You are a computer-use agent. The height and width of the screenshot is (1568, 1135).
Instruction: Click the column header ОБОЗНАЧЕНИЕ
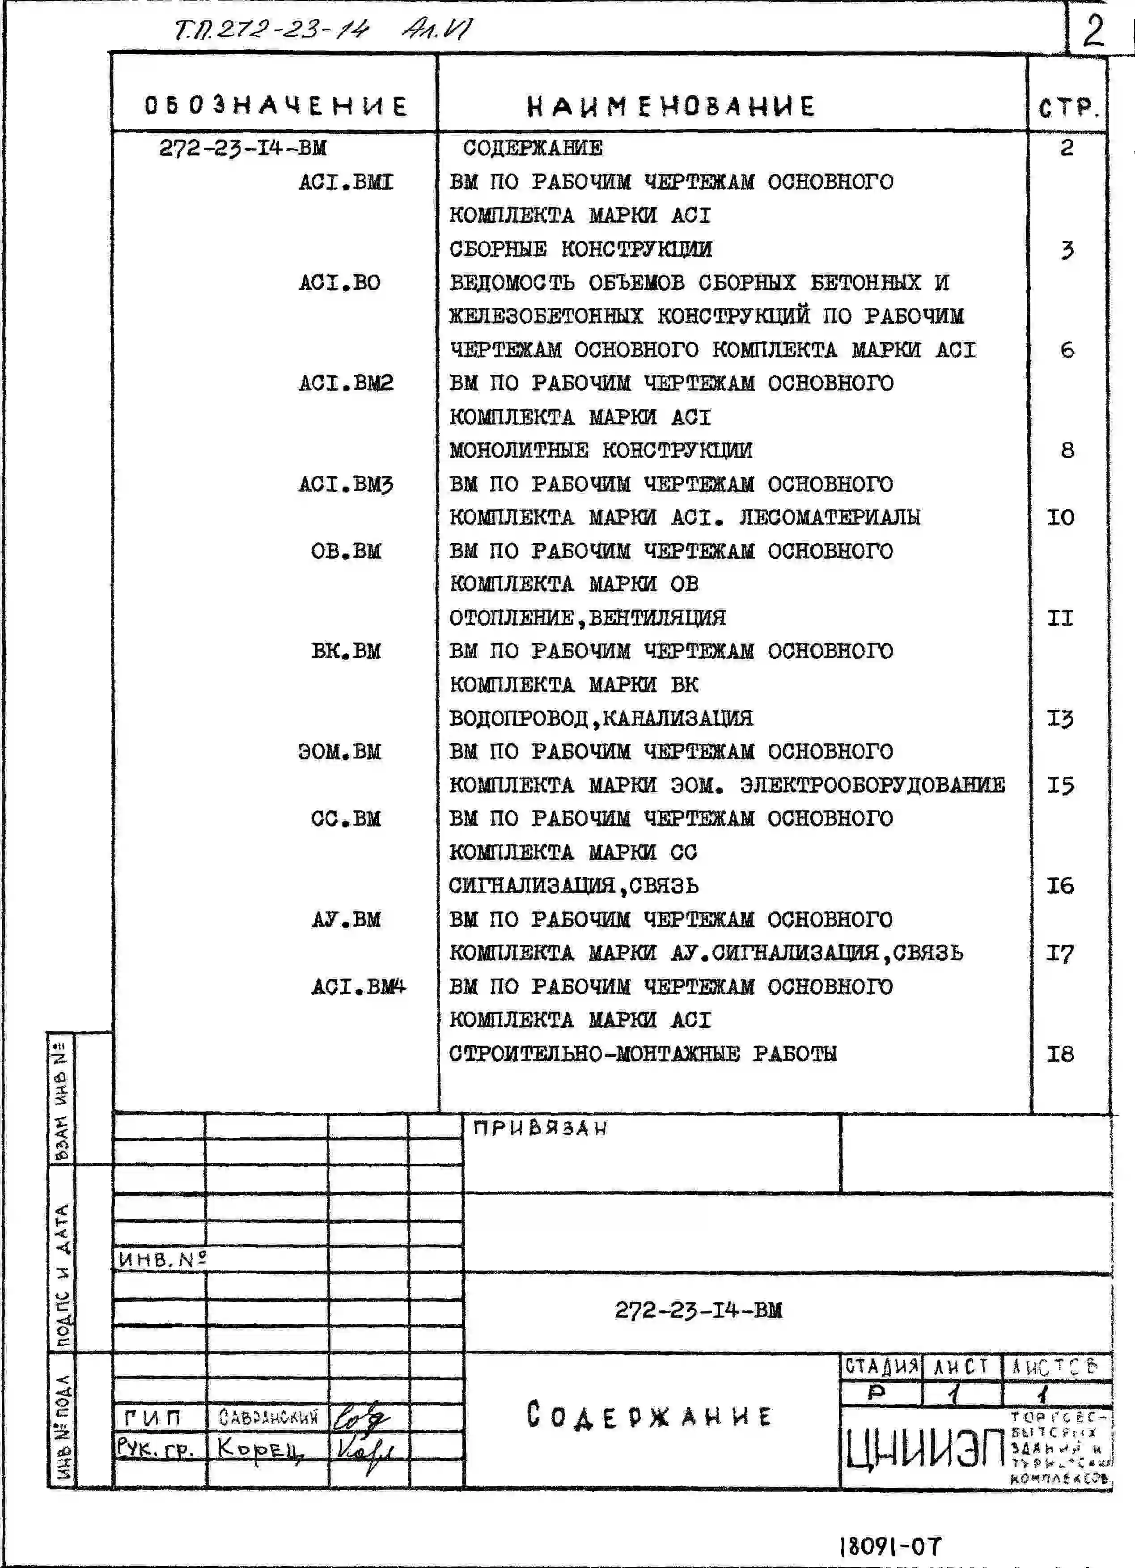coord(275,106)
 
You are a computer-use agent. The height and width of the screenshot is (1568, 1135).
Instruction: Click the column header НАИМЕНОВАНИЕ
coord(670,106)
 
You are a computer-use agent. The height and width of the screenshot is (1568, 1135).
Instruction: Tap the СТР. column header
coord(1068,108)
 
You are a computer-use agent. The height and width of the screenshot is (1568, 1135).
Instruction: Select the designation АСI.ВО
coord(339,283)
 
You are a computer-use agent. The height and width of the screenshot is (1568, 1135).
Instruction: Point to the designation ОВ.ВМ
coord(346,551)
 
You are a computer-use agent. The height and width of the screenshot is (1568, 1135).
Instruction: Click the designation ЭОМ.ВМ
coord(339,751)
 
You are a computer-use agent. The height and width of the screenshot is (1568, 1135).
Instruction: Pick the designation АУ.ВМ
coord(346,920)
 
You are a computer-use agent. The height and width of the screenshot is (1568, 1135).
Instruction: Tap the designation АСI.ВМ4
coord(358,987)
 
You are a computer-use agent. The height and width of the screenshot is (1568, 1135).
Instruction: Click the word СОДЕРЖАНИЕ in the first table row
coord(532,148)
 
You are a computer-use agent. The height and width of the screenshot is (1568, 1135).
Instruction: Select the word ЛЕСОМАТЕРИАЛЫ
coord(830,517)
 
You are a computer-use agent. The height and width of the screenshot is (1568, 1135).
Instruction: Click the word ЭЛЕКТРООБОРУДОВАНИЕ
coord(872,785)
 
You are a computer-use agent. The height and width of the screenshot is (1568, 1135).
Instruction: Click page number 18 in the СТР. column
coord(1060,1054)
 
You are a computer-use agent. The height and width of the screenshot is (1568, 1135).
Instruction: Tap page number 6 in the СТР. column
coord(1067,350)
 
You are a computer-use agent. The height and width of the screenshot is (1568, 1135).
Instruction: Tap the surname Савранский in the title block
coord(268,1418)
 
